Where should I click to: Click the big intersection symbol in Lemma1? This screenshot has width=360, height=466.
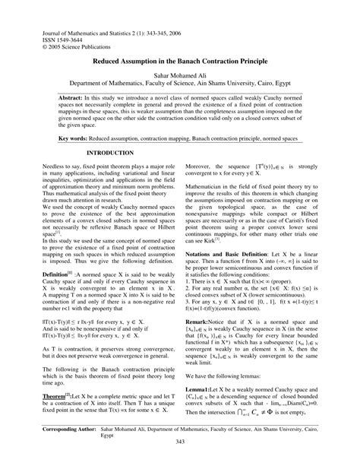click(x=260, y=434)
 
